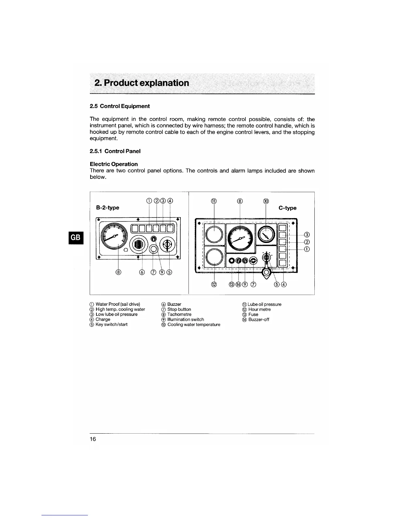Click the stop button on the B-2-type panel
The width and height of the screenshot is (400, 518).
[x=153, y=250]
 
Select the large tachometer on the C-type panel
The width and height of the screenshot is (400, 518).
[x=240, y=238]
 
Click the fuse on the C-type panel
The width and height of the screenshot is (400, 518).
[x=232, y=261]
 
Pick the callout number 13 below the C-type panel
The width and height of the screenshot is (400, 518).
[x=232, y=284]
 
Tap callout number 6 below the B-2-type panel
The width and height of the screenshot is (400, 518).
[x=142, y=272]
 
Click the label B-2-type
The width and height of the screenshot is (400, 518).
[x=108, y=208]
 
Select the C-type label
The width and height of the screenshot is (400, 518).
[x=288, y=208]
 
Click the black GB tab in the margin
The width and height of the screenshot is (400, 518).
[x=75, y=238]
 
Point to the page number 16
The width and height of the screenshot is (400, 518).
[x=93, y=439]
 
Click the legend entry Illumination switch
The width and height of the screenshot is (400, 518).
[x=185, y=319]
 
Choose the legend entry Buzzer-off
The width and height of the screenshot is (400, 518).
[x=258, y=319]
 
